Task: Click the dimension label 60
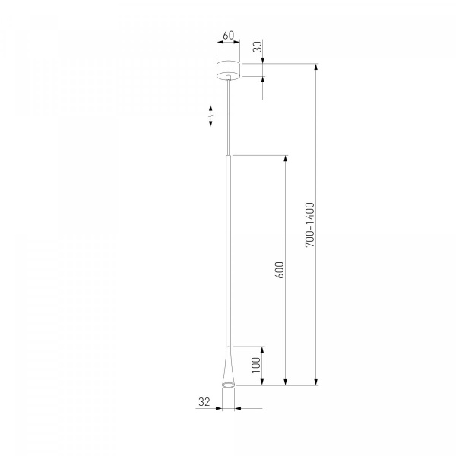(228, 35)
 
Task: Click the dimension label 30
(258, 47)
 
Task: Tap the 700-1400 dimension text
(310, 225)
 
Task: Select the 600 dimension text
(279, 270)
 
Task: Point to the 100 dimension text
(256, 366)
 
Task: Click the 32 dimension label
(204, 401)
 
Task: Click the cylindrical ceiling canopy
(229, 71)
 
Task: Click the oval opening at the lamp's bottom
(228, 385)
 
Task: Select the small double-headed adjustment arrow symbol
(211, 116)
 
